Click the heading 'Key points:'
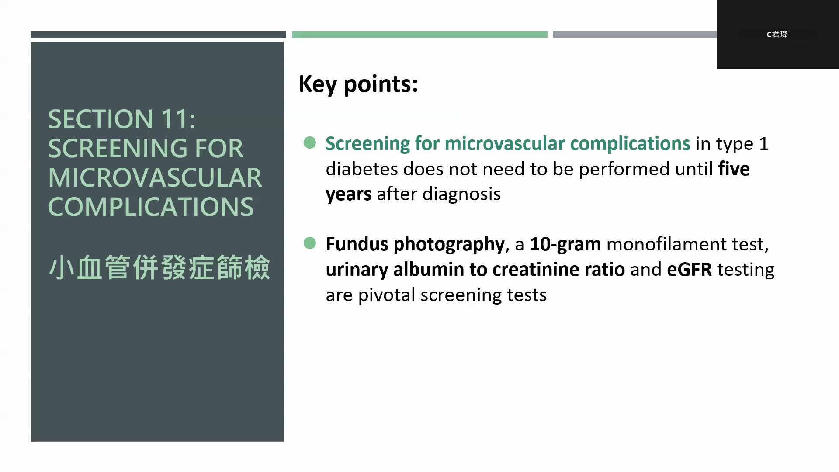[x=358, y=84]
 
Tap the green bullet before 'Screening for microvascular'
[x=310, y=142]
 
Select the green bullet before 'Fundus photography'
[x=310, y=243]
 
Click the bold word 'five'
[x=734, y=169]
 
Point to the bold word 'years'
[x=349, y=194]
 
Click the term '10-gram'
[x=565, y=244]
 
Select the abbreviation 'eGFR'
[x=689, y=270]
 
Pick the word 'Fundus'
[x=357, y=244]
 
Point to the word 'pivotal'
[x=387, y=295]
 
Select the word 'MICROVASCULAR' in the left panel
[x=155, y=177]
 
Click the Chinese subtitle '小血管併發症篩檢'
[x=159, y=267]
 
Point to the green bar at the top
[x=419, y=35]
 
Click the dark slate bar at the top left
[x=158, y=35]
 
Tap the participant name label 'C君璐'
[x=777, y=34]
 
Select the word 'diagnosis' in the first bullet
[x=461, y=194]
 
